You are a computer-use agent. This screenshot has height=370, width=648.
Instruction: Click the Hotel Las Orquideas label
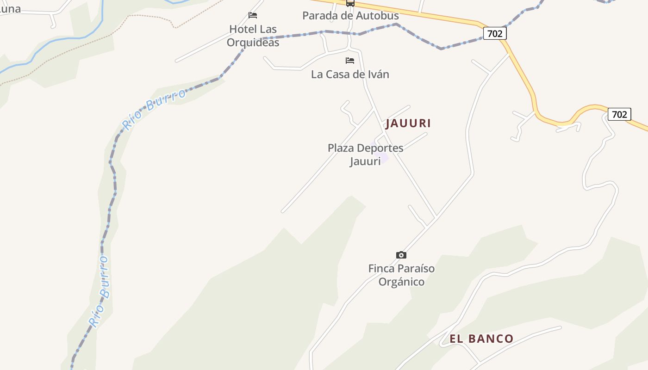[253, 36]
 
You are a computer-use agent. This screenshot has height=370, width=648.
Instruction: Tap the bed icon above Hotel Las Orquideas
[253, 15]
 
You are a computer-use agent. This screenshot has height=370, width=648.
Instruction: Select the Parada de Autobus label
[350, 15]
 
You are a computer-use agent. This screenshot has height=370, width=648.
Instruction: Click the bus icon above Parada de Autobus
[350, 3]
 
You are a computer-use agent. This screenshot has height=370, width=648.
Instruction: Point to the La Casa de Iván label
[350, 74]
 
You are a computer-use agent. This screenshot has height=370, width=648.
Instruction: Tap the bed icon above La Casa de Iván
[350, 61]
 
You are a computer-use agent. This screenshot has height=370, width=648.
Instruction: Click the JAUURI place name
[408, 123]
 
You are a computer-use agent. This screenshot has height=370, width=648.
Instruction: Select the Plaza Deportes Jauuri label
[365, 154]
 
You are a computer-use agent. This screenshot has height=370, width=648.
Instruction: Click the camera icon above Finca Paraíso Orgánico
[401, 255]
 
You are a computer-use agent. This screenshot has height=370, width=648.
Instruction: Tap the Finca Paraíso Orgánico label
[401, 275]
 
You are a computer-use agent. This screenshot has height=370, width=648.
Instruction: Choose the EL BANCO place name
[481, 339]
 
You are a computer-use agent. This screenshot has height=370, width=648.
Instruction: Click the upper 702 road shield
[495, 33]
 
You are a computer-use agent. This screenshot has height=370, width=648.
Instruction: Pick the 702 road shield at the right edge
[619, 114]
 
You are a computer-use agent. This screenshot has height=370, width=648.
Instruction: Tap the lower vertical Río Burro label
[100, 291]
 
